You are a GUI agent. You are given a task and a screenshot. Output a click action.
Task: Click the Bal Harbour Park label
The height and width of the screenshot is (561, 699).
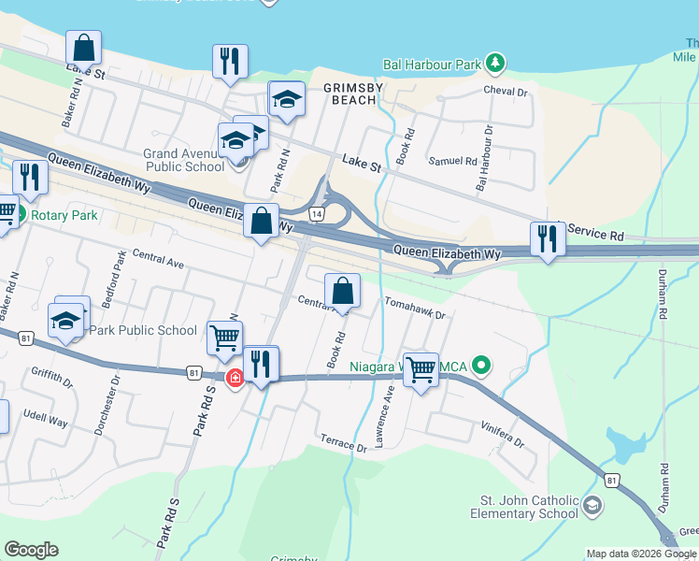click(432, 65)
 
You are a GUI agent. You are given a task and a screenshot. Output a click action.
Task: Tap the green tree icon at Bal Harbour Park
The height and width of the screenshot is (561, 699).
click(495, 65)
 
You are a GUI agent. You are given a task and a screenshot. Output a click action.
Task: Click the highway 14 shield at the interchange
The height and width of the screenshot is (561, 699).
click(318, 213)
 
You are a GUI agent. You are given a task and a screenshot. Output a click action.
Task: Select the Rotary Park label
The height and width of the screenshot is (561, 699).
click(64, 215)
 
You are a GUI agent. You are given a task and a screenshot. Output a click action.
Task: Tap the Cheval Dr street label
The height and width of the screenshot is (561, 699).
click(506, 92)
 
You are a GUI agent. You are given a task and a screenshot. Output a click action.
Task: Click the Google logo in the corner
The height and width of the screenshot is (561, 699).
click(31, 550)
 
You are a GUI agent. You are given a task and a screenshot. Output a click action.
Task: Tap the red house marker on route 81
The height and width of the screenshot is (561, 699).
click(236, 378)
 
